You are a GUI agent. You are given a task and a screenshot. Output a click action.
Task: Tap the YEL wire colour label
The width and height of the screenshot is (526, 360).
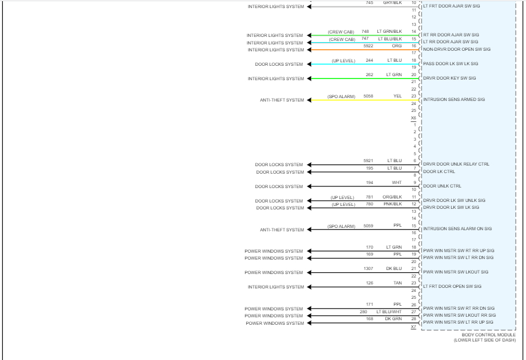click(x=397, y=96)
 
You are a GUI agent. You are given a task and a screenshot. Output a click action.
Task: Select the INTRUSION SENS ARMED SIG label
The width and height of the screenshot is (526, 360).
click(x=454, y=99)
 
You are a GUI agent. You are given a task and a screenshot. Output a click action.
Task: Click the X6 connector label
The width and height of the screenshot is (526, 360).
click(x=414, y=118)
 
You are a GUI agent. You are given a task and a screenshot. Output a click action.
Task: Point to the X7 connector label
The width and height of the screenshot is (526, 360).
click(x=414, y=327)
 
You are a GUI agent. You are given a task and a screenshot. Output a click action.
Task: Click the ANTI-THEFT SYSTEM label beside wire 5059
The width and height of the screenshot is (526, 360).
click(x=282, y=230)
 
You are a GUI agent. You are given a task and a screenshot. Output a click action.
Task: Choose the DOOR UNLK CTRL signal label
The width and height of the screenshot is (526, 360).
click(x=442, y=186)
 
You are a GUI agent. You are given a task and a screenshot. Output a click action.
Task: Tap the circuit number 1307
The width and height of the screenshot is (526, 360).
click(x=368, y=268)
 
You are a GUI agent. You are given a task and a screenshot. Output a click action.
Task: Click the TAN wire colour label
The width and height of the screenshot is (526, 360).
click(x=397, y=283)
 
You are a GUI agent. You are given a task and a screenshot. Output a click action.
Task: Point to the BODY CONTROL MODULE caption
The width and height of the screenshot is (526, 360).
click(x=489, y=335)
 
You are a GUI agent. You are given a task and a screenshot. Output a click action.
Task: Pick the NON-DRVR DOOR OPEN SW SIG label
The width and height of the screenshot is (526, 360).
click(x=457, y=49)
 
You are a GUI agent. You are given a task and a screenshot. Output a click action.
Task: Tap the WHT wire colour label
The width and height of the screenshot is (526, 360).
click(x=397, y=182)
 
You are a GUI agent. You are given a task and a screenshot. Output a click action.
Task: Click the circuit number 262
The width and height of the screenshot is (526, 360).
click(x=369, y=74)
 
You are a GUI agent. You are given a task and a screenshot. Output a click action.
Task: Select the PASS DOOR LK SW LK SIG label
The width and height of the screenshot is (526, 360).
click(x=450, y=63)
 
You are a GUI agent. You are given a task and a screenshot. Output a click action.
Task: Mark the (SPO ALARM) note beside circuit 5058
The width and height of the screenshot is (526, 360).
click(x=341, y=96)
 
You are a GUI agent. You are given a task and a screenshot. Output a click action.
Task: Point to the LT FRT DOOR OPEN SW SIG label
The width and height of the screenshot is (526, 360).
click(x=452, y=286)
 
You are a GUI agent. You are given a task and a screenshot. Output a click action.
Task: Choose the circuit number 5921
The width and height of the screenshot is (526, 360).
click(x=368, y=160)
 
